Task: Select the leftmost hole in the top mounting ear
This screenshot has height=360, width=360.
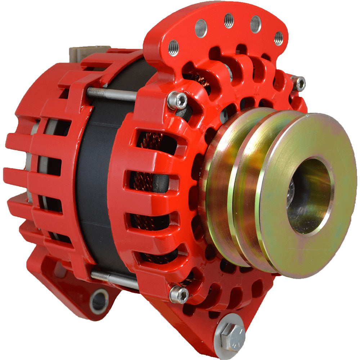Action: click(173, 48)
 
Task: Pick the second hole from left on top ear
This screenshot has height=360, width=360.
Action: click(201, 28)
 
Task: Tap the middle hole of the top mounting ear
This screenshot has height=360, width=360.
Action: click(229, 20)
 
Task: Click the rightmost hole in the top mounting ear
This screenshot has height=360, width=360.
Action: click(278, 38)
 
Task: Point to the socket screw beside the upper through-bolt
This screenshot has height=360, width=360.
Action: click(177, 100)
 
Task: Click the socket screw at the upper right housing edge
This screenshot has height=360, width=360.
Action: click(299, 84)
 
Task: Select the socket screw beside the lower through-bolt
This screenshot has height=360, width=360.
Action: click(179, 294)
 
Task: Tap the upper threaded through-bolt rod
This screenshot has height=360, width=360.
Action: click(112, 94)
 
